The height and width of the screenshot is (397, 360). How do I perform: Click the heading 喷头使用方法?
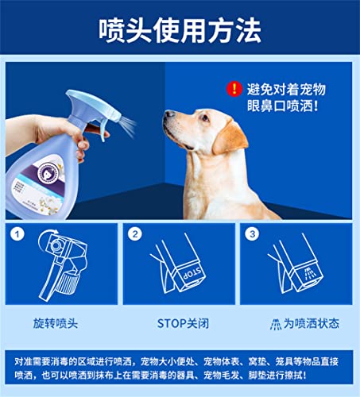[180, 30]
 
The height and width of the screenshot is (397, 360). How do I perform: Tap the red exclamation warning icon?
[234, 89]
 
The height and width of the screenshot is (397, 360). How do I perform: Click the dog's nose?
[169, 114]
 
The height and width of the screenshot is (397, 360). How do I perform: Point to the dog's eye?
[205, 118]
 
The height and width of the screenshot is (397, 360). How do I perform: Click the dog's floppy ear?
[230, 138]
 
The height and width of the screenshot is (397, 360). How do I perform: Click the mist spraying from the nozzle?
[128, 125]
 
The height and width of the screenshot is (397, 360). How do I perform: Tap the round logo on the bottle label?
[48, 172]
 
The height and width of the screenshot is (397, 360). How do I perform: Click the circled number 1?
[17, 234]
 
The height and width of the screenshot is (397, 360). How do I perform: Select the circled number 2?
[135, 234]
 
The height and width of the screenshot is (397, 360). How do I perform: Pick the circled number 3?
[252, 234]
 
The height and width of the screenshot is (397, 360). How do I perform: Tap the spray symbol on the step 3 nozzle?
[308, 273]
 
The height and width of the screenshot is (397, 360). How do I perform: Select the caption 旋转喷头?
[56, 323]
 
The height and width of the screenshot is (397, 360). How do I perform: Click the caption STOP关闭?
[183, 323]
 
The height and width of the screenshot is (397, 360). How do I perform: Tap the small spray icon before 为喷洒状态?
[276, 324]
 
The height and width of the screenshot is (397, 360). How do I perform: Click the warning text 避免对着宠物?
[286, 89]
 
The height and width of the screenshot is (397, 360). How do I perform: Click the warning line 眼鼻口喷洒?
[282, 106]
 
